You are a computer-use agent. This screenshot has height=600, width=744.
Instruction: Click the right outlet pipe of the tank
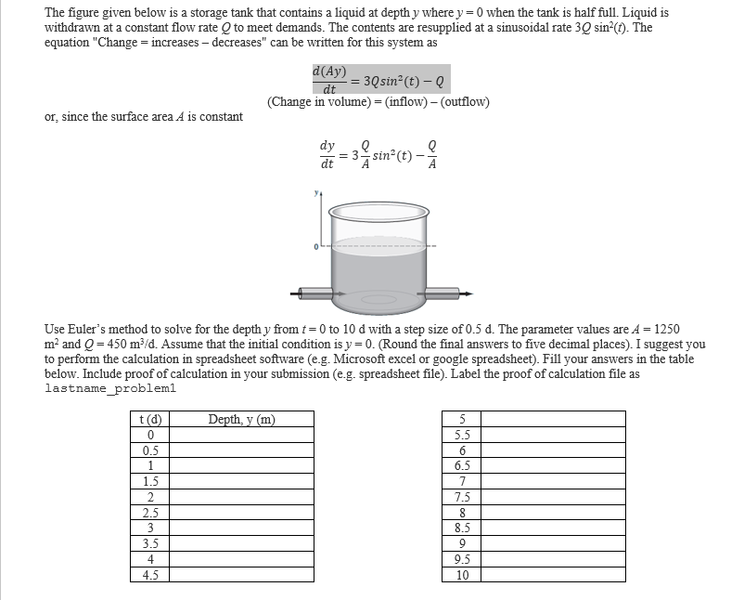[x=445, y=293]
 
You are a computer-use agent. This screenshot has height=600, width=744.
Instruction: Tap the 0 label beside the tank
[x=316, y=246]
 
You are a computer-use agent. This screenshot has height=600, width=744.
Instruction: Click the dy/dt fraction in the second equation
[x=327, y=156]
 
